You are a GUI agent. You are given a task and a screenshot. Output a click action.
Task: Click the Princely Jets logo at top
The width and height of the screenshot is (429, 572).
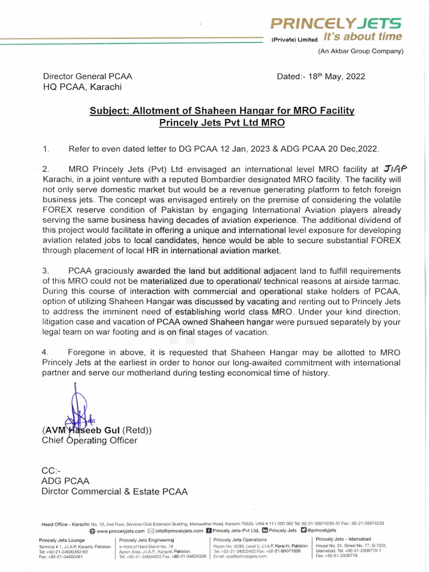tap(336, 23)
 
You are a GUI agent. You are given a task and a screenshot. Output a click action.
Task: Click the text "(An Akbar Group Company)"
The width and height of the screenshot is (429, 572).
tap(360, 51)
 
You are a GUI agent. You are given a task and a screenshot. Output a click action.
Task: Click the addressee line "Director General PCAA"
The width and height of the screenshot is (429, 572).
tap(88, 77)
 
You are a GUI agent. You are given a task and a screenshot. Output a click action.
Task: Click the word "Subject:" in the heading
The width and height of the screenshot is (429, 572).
tap(109, 111)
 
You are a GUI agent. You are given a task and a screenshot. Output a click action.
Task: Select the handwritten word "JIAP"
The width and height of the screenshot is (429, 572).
tap(396, 168)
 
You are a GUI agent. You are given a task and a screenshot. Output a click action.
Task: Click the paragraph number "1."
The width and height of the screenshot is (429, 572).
tap(46, 149)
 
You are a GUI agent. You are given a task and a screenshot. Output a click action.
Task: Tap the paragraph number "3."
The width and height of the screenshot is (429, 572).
tap(46, 271)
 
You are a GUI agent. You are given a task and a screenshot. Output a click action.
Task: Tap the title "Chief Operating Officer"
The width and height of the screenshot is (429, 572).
tap(89, 440)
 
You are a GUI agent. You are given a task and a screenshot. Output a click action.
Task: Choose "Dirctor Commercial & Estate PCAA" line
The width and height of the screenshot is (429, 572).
tap(115, 492)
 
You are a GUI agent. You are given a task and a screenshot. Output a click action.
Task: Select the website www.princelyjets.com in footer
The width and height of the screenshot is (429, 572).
tap(120, 531)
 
